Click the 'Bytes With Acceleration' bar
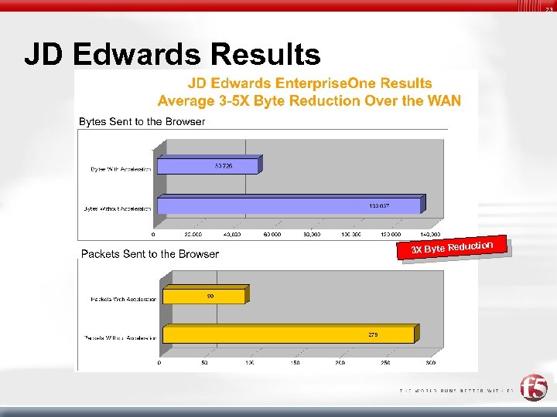pos(207,165)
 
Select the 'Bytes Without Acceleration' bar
pos(289,205)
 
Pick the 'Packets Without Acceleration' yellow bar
pos(288,334)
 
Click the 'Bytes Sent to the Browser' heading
pos(142,121)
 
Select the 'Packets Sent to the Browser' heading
pos(150,253)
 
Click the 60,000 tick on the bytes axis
pos(272,234)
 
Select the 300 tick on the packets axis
pos(430,362)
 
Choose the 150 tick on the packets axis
pos(295,362)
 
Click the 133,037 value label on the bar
pos(378,205)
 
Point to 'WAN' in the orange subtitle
pos(444,100)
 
